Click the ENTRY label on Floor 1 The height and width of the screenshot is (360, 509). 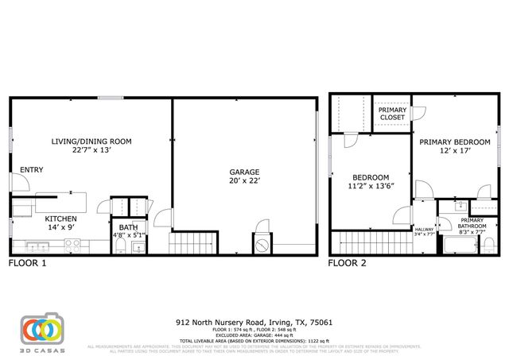(x=32, y=169)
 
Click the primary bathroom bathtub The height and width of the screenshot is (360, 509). (x=457, y=246)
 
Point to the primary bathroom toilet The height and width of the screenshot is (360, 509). (x=486, y=246)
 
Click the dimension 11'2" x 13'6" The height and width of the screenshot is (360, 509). (x=371, y=188)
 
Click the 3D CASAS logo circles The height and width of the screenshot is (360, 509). (x=41, y=329)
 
